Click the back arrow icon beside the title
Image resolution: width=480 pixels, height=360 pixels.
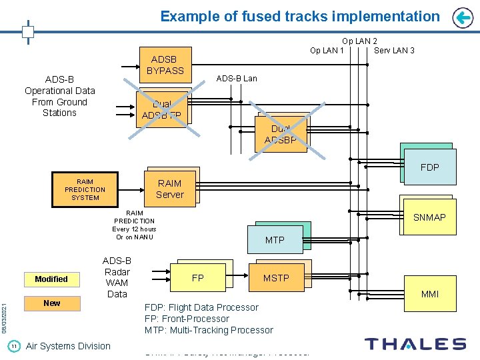tap(462, 18)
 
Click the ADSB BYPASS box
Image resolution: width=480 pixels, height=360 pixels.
tap(165, 65)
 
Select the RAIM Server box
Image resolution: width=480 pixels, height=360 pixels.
tap(169, 189)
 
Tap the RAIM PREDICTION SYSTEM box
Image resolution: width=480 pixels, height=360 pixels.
tap(85, 189)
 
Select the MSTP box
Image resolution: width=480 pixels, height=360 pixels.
tap(276, 277)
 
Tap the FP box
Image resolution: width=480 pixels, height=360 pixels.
tap(198, 277)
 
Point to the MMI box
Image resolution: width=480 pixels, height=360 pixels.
tap(430, 294)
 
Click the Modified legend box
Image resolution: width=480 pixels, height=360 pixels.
tap(51, 279)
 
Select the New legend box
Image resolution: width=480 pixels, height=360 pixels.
tap(51, 303)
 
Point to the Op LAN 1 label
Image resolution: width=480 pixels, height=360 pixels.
tap(327, 51)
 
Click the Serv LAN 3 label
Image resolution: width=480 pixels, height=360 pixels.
tap(394, 51)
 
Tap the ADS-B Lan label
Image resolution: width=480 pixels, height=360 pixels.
tap(237, 79)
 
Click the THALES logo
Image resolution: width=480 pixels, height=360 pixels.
tap(415, 344)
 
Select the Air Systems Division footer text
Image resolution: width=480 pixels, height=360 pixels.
tap(68, 345)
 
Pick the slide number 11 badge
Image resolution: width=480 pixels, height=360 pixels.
tap(13, 345)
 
